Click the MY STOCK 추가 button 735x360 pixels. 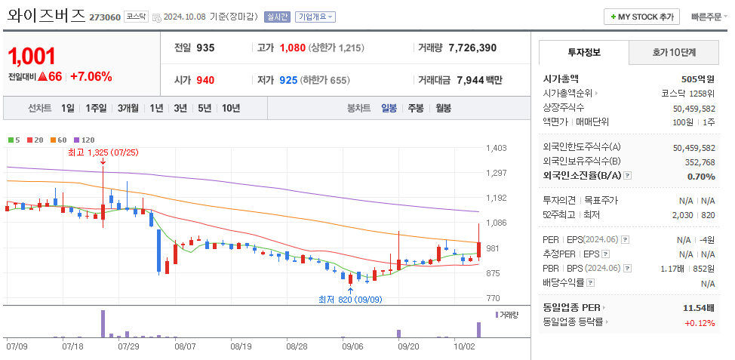641,17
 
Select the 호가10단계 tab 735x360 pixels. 674,53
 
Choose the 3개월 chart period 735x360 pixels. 128,108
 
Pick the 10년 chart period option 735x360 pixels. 231,108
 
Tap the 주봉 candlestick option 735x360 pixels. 416,108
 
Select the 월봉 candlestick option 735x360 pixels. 443,108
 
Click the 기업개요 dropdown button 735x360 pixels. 315,17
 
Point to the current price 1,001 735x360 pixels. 32,55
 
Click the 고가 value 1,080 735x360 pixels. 292,48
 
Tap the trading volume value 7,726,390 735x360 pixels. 472,48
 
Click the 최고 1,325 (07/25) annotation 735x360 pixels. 103,152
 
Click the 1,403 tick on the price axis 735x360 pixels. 497,148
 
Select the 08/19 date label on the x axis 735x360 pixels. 241,346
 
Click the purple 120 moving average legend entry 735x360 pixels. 85,140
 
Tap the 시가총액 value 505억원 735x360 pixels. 697,78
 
